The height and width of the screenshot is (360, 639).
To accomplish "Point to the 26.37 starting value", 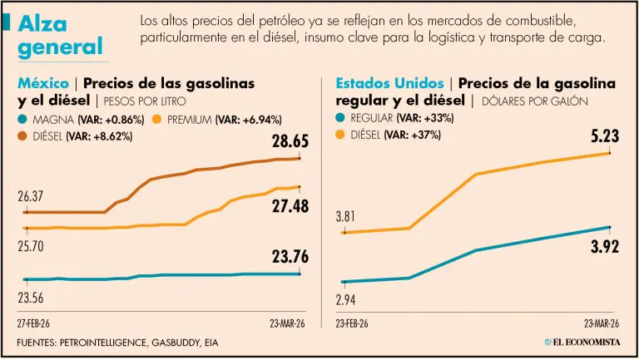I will click(x=31, y=197).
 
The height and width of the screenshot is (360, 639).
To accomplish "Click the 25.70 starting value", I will click(x=31, y=246).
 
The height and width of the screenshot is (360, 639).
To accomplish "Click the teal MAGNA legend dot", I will click(x=22, y=120).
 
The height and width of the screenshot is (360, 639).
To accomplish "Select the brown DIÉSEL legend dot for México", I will click(x=22, y=136).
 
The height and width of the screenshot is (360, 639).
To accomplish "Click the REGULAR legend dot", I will click(x=341, y=119).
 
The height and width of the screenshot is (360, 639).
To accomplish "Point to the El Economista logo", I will click(x=581, y=343).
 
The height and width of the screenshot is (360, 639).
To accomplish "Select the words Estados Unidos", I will click(x=389, y=83).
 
